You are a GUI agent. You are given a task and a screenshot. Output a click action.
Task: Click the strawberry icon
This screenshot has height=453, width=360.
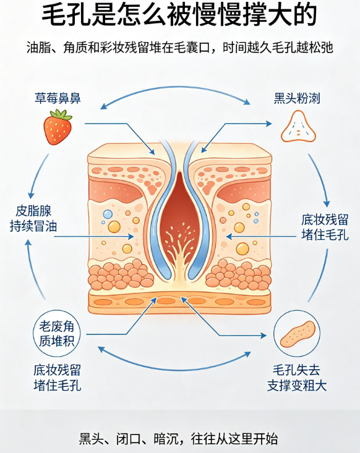coord(58,127)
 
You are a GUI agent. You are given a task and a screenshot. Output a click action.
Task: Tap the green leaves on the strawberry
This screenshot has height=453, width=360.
coord(61,114)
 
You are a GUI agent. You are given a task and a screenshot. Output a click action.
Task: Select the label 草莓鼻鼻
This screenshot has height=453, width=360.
coord(58,98)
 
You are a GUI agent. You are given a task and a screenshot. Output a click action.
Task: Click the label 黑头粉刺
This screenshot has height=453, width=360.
coord(297,98)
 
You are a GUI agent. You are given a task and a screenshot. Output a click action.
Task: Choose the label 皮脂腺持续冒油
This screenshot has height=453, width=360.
coord(33,219)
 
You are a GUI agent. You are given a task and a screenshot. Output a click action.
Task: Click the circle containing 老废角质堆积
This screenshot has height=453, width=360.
coord(57,333)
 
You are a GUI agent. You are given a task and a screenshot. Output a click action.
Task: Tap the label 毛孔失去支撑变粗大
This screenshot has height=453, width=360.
coord(297,378)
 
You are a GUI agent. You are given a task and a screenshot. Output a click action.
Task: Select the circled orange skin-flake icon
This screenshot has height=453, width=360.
coord(297,333)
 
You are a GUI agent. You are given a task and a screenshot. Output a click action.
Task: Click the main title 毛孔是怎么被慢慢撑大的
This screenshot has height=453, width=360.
coord(179,15)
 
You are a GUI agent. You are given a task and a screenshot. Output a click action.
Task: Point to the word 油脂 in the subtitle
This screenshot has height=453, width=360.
coord(38,48)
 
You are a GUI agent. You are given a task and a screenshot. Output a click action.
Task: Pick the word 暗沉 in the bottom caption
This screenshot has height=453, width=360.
coord(166,439)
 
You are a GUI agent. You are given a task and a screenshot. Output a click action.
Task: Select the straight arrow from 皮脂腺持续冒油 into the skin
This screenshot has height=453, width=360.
coord(93,237)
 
